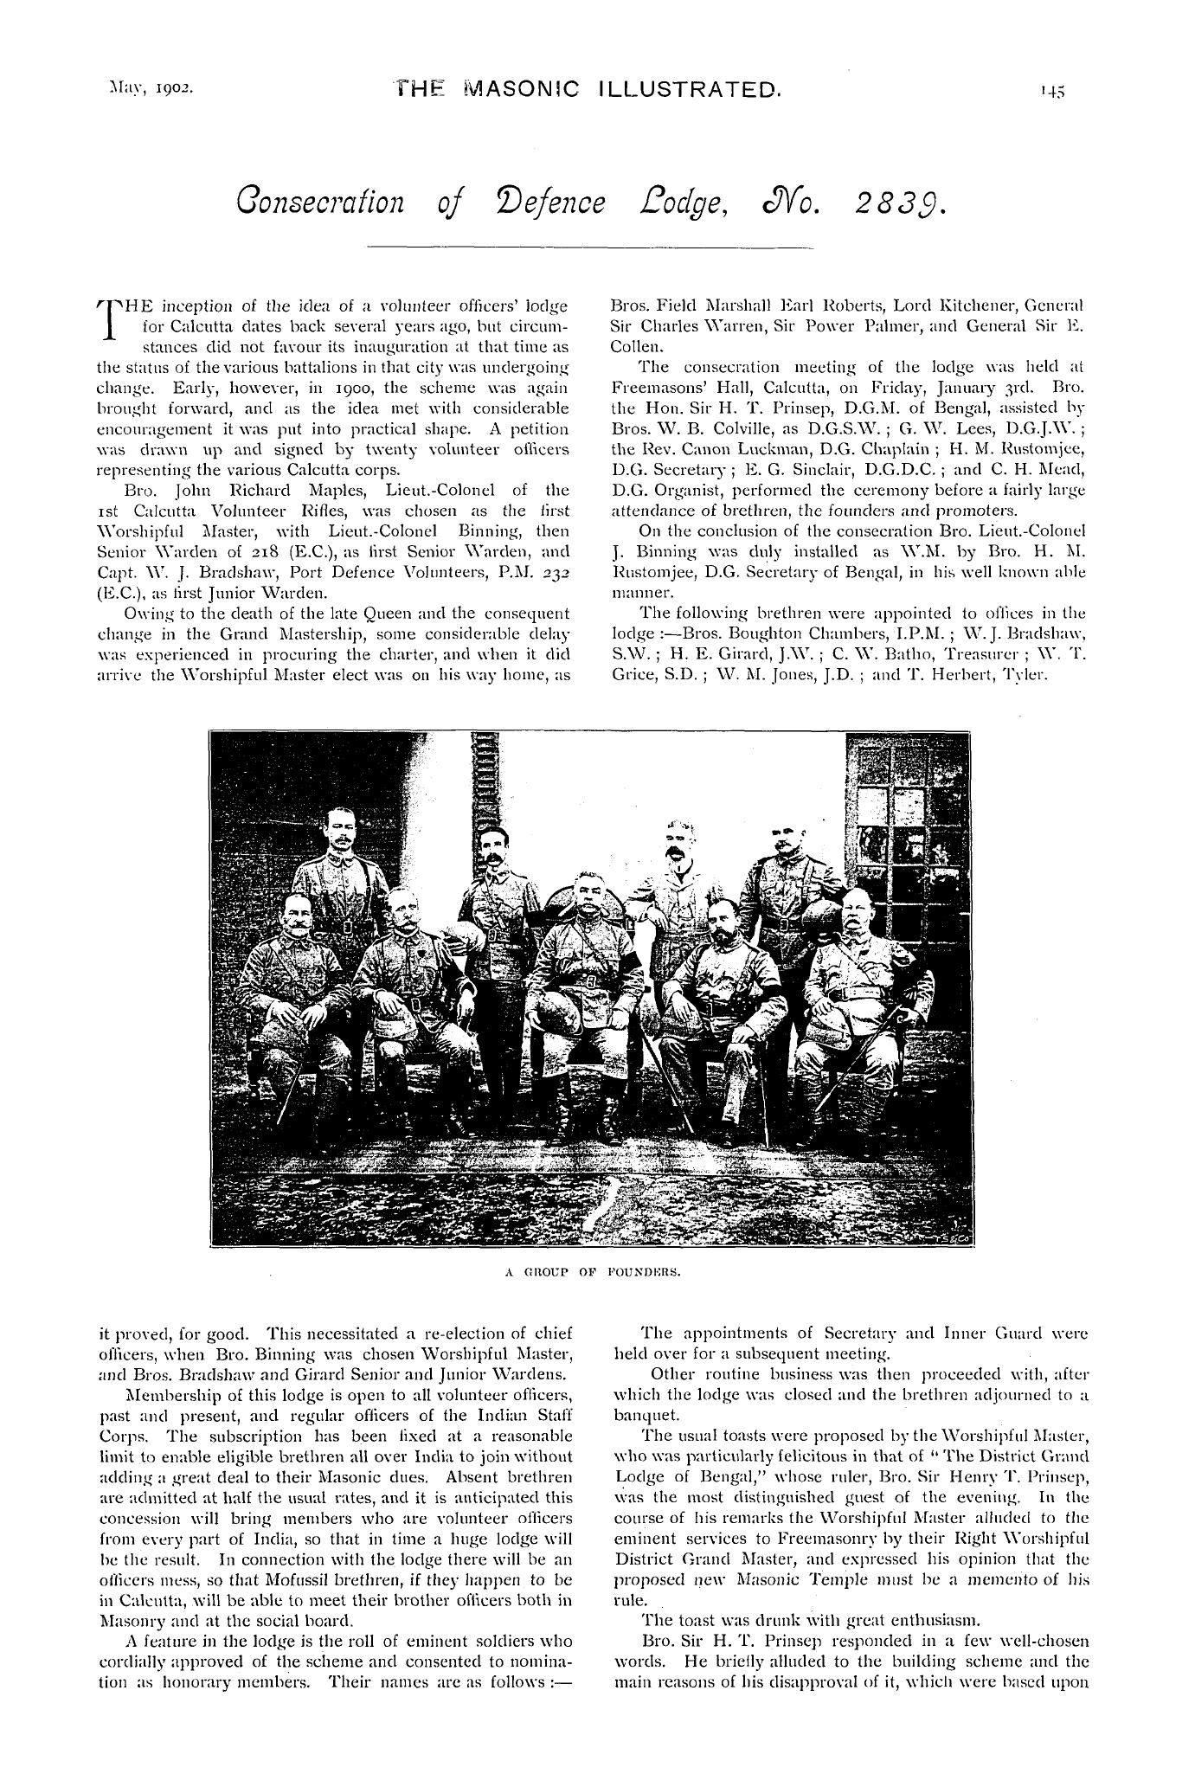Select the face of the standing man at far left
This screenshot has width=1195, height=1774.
339,835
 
